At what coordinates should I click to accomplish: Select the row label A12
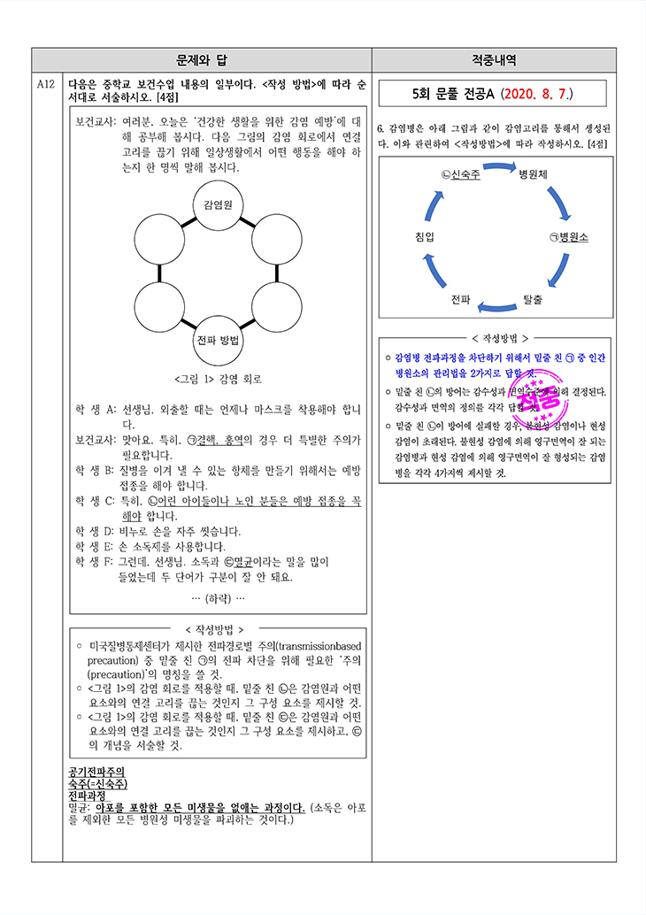(47, 84)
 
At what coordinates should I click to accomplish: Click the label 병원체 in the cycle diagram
(534, 173)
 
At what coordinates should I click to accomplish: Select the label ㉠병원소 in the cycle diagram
(568, 236)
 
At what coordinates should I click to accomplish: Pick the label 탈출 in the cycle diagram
(533, 299)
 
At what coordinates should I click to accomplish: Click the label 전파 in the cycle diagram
(460, 299)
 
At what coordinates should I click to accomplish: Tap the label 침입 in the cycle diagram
(424, 236)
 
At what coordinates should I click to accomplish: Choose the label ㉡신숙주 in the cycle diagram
(460, 173)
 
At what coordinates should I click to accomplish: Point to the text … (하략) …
(218, 598)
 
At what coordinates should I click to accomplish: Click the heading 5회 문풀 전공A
(449, 93)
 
